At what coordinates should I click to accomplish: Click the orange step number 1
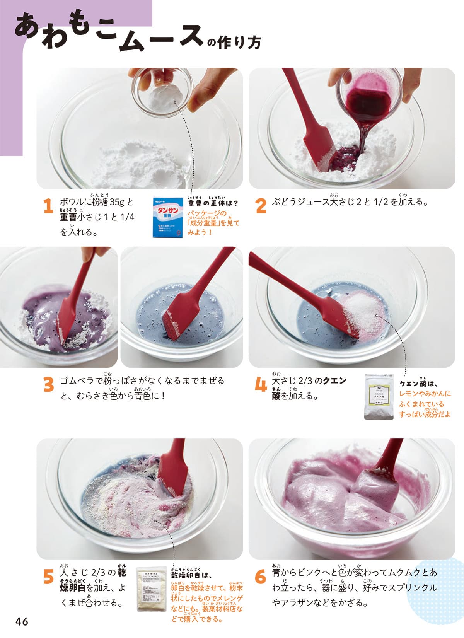click(x=48, y=206)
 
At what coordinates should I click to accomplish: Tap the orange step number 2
click(x=261, y=206)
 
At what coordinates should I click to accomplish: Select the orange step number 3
click(x=49, y=384)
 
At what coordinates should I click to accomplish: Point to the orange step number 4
click(x=261, y=384)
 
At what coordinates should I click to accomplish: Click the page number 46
click(x=22, y=622)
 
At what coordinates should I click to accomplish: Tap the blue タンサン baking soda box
click(x=168, y=218)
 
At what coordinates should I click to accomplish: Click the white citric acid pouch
click(x=379, y=397)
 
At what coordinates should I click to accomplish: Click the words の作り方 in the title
click(x=234, y=43)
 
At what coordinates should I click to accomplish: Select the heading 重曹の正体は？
click(x=213, y=203)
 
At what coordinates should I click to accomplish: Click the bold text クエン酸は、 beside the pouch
click(x=418, y=384)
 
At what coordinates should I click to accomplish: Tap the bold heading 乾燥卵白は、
click(x=192, y=574)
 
